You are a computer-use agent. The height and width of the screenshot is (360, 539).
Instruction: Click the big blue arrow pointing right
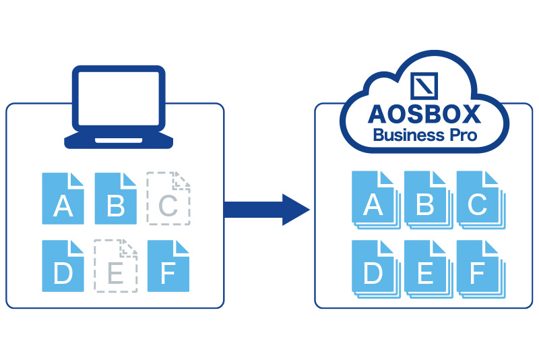[265, 210]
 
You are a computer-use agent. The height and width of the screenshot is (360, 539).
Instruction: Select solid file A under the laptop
[63, 199]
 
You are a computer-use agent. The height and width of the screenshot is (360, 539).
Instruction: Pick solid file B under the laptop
[116, 199]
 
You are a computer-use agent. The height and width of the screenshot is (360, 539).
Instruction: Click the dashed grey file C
[168, 199]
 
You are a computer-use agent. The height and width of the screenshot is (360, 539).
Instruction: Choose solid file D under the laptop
[63, 266]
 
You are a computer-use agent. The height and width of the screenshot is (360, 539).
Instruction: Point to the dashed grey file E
[116, 266]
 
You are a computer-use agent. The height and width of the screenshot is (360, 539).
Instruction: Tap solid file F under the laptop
[168, 266]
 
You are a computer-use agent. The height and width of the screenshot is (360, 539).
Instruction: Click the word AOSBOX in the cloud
[425, 113]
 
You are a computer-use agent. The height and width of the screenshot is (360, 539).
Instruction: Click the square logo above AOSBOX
[425, 86]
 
